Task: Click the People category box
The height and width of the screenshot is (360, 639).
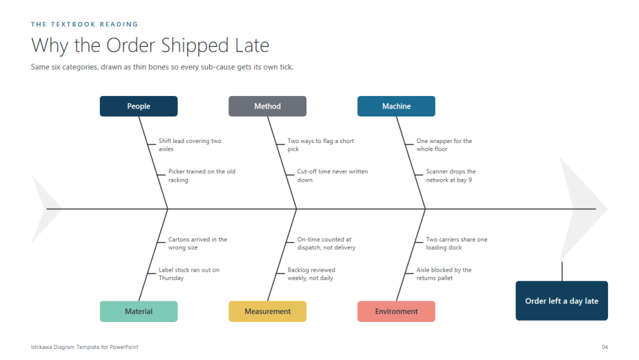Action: pyautogui.click(x=138, y=106)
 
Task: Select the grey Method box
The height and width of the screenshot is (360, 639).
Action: pyautogui.click(x=267, y=106)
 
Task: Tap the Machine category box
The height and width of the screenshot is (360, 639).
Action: pyautogui.click(x=396, y=106)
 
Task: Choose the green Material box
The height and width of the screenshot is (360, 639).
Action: pyautogui.click(x=138, y=312)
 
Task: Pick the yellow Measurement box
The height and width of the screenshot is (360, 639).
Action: pyautogui.click(x=267, y=312)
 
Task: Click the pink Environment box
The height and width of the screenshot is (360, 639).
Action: pyautogui.click(x=396, y=312)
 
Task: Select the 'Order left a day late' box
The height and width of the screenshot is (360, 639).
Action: pyautogui.click(x=562, y=301)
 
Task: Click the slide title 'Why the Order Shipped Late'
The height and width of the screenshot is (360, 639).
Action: pyautogui.click(x=150, y=45)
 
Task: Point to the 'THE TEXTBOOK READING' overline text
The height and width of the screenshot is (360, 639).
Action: pyautogui.click(x=84, y=24)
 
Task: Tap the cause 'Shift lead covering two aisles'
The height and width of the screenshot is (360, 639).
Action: pyautogui.click(x=190, y=145)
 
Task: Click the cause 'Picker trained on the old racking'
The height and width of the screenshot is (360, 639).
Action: pyautogui.click(x=201, y=176)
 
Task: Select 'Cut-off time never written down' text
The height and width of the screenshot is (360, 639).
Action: pyautogui.click(x=333, y=176)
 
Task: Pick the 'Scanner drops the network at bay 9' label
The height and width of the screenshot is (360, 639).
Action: pyautogui.click(x=450, y=176)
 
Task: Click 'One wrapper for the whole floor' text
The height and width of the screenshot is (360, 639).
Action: pyautogui.click(x=444, y=145)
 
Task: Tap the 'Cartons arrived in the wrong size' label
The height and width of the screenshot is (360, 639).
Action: pyautogui.click(x=198, y=243)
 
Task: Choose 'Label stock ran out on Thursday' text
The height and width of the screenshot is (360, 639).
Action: pyautogui.click(x=189, y=274)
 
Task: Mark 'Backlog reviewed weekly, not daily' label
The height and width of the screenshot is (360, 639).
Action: pyautogui.click(x=311, y=274)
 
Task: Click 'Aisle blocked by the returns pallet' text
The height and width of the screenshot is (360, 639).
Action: pyautogui.click(x=444, y=274)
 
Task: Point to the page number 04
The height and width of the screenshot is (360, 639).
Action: pyautogui.click(x=605, y=347)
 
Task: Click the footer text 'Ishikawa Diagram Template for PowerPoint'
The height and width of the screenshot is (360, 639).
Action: pyautogui.click(x=84, y=347)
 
